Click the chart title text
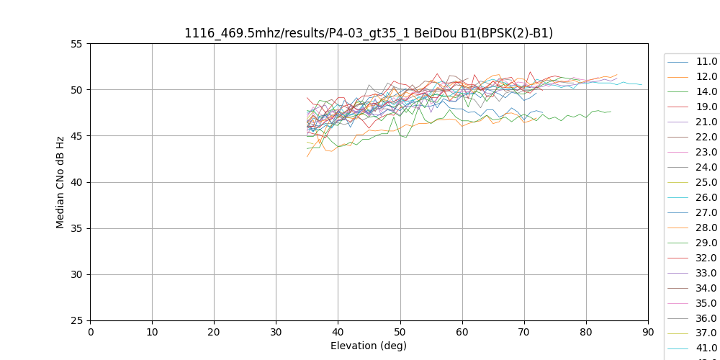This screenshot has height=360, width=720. click(x=369, y=33)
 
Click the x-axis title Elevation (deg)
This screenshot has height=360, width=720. click(x=369, y=346)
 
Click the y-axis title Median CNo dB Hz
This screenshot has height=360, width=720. click(x=60, y=182)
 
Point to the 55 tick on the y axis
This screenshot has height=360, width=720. click(x=77, y=44)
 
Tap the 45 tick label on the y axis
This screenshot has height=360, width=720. click(x=77, y=136)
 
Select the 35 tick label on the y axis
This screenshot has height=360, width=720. click(x=77, y=228)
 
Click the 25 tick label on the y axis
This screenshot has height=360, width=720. click(x=77, y=320)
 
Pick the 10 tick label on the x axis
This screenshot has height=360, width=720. click(x=152, y=331)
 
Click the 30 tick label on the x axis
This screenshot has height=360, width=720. click(x=276, y=331)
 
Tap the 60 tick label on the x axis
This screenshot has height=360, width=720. click(x=462, y=331)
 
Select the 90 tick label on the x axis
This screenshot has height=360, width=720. click(x=648, y=331)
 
